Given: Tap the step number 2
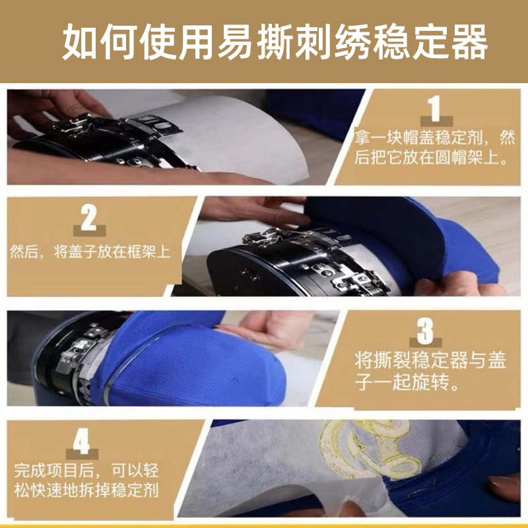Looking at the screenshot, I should click(x=88, y=216).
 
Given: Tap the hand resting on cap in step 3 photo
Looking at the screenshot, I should click(x=264, y=330).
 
